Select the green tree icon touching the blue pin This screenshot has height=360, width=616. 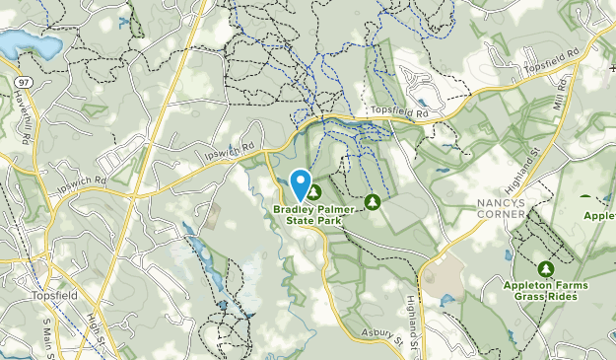[315, 192]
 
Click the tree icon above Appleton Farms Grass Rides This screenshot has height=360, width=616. [546, 268]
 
